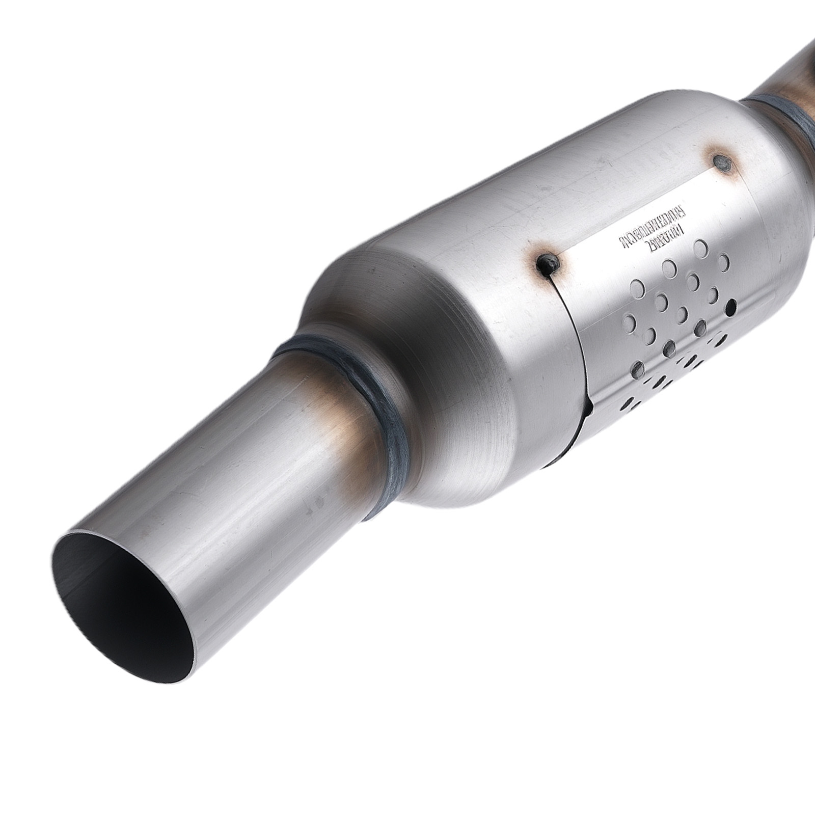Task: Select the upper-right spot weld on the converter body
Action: point(721,163)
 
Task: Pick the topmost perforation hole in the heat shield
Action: point(701,247)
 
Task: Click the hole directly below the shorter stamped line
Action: point(668,266)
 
